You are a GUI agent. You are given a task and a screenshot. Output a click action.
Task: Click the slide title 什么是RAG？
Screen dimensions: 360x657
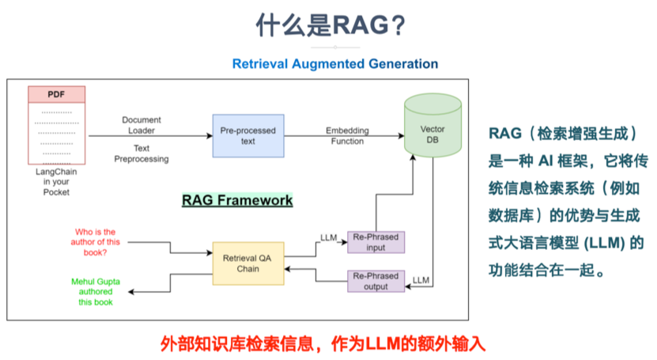pos(330,25)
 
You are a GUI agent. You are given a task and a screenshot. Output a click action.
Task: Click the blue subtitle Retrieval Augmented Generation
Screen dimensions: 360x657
pos(334,63)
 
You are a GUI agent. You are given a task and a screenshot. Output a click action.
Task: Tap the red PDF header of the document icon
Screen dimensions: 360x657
pos(56,94)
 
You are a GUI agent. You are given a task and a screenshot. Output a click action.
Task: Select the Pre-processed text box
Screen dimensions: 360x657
pos(247,136)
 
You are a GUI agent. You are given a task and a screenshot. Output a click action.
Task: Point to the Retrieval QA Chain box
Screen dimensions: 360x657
pos(248,263)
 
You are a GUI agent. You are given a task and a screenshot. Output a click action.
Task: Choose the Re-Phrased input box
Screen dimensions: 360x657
pos(376,242)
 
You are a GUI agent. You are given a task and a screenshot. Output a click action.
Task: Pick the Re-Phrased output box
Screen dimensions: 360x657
pos(376,281)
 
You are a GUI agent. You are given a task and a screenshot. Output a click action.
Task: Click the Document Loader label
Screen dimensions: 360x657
pos(142,125)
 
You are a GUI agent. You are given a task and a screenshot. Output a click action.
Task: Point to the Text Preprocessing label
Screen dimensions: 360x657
pos(141,153)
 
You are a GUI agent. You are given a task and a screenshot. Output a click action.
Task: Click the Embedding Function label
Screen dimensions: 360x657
pos(347,135)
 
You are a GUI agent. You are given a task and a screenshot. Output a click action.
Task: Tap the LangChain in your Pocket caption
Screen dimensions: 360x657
pos(56,181)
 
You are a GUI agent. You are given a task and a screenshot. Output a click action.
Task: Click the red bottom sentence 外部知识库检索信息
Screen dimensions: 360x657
pos(322,343)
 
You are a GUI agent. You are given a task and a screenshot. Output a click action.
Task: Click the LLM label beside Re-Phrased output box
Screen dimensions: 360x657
pos(421,280)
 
